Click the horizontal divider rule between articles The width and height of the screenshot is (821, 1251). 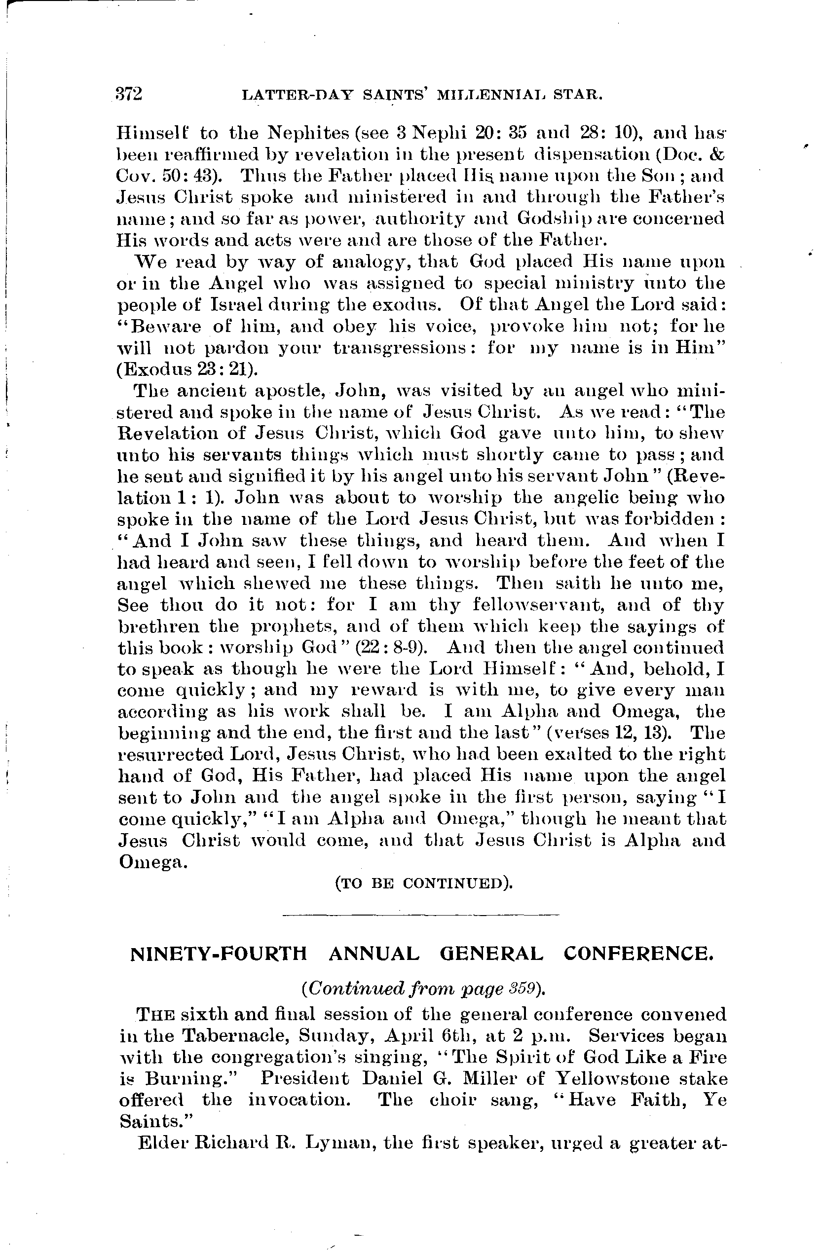420,915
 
